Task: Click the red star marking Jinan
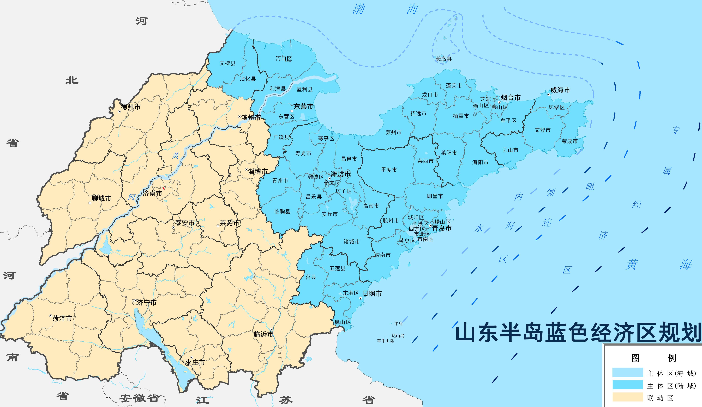[x=164, y=188]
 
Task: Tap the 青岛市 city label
[x=442, y=228]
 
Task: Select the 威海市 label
[x=560, y=90]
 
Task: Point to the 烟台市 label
[x=511, y=98]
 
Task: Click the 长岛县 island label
[x=444, y=59]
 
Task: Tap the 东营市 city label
[x=303, y=107]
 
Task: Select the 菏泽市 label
[x=62, y=318]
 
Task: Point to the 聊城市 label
[x=101, y=198]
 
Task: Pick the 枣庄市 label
[x=195, y=362]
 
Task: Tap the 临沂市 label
[x=263, y=334]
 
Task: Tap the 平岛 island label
[x=398, y=324]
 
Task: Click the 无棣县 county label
[x=228, y=63]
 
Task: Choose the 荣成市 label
[x=569, y=141]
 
